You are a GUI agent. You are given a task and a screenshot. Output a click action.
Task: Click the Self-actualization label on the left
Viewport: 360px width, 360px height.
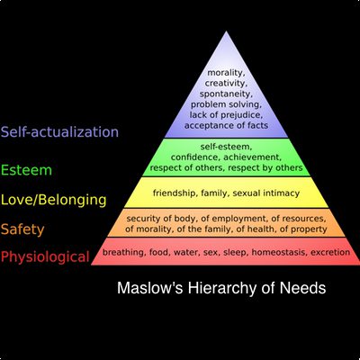click(x=59, y=132)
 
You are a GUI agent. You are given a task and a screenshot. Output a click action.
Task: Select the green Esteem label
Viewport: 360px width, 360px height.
click(x=26, y=170)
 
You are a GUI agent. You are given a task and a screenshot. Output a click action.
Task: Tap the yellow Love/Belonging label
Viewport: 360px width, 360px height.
click(x=54, y=200)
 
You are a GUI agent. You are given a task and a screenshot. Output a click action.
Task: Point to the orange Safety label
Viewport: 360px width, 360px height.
click(x=22, y=229)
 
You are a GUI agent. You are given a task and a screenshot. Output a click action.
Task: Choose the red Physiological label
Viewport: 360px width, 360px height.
click(x=45, y=257)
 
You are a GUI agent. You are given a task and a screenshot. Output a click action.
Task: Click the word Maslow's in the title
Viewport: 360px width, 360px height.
click(x=149, y=288)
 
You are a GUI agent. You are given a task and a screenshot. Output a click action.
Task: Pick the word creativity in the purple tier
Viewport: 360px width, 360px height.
click(x=225, y=83)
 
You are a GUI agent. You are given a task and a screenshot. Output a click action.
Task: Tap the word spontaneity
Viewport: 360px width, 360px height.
click(x=225, y=94)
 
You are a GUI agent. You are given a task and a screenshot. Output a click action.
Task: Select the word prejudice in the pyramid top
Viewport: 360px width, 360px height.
click(x=239, y=115)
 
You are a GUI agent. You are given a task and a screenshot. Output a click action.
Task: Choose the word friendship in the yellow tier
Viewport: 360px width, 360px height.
click(x=175, y=193)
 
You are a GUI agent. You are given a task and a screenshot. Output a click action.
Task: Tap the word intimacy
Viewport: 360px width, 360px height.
click(x=282, y=193)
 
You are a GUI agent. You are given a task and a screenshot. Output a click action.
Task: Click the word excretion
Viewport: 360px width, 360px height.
click(x=330, y=252)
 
